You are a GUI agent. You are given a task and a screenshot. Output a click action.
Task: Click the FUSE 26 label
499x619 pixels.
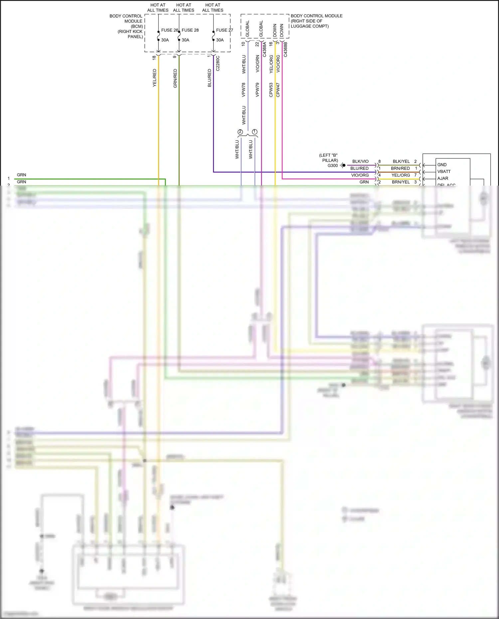coord(169,30)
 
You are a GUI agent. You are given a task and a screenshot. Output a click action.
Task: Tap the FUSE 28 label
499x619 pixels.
coord(190,30)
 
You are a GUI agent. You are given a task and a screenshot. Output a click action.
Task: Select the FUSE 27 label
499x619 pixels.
coord(224,30)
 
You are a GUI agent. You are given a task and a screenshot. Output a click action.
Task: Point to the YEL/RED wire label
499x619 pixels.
coord(154,78)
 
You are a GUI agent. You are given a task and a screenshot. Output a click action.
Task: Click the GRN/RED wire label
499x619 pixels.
coord(175,78)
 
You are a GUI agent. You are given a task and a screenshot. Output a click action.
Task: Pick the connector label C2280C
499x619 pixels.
coord(218,63)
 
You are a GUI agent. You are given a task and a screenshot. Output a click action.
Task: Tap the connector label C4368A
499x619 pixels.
coord(264,49)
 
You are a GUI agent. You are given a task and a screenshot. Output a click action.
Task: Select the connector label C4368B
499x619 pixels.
coord(285,49)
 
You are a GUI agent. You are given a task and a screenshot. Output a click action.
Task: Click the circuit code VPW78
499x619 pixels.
coord(244,90)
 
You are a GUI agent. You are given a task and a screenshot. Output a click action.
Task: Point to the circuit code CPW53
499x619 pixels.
coord(271,90)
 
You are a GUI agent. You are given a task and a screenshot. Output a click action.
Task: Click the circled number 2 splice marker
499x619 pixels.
coord(240,132)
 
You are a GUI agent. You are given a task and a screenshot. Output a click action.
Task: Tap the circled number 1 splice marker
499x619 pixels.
coord(255,132)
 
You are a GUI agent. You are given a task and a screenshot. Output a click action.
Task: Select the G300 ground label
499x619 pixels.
coord(333,165)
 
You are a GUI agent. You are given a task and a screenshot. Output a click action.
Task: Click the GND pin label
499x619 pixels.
coord(442,165)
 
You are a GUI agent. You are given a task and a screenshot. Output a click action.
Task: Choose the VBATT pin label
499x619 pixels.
coord(444,172)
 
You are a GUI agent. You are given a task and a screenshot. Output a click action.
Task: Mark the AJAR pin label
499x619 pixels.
coord(443,178)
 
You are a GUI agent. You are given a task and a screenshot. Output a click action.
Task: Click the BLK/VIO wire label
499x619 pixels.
coord(360,161)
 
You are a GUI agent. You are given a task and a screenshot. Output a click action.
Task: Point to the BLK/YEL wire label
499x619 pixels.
coord(401,161)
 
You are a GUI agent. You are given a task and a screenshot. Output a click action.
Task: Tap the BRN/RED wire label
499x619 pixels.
coord(400,168)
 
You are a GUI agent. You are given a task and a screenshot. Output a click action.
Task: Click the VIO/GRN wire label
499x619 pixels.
coord(257,64)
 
